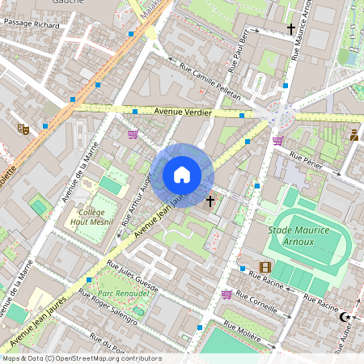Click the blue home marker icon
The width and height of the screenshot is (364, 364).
coord(182,174)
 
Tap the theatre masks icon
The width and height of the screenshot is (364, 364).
coord(23,128)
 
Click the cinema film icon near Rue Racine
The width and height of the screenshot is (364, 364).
coord(265,268)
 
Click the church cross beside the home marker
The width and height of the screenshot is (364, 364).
coord(210,200)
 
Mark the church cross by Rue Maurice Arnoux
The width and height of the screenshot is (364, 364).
coord(290,28)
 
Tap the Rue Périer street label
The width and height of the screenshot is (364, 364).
coord(306,159)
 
